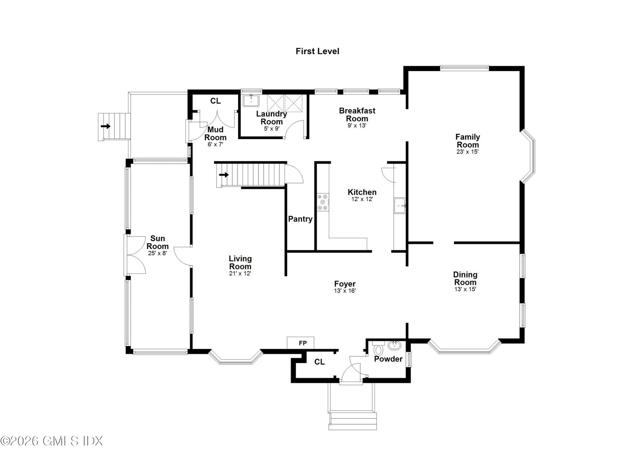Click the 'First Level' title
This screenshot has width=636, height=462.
tap(317, 51)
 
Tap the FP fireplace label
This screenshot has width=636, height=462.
tap(303, 343)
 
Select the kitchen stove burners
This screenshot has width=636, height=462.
tap(323, 202)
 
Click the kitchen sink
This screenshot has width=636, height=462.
tap(399, 205)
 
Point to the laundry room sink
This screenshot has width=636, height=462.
tap(251, 101)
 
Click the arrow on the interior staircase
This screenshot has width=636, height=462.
tap(224, 175)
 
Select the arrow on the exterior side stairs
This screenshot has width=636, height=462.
tap(106, 126)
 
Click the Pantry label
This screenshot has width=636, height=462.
tap(300, 219)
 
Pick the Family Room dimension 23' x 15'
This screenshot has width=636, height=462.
tap(467, 151)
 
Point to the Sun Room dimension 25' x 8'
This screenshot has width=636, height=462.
tap(158, 253)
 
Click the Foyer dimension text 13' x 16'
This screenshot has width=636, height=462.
tap(345, 290)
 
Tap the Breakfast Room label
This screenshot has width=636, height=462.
tap(357, 114)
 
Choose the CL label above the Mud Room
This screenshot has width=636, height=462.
tap(215, 101)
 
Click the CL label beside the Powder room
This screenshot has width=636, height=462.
tap(319, 362)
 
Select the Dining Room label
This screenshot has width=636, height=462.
tap(465, 278)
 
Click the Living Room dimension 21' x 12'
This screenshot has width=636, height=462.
tap(240, 273)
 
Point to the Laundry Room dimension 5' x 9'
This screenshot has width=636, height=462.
tap(271, 128)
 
